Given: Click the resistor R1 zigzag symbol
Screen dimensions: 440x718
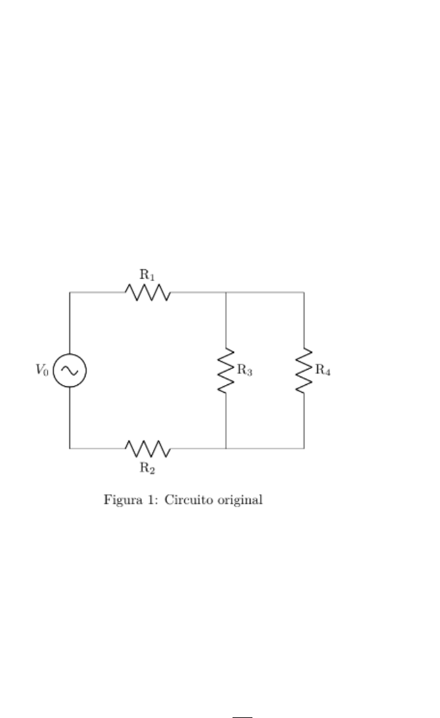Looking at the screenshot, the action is tap(148, 293).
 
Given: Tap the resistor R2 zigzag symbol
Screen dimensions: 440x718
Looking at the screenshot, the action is tap(148, 448).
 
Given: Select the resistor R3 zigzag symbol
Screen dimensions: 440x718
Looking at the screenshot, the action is tap(226, 370).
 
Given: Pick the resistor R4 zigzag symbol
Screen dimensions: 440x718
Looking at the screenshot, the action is tap(304, 370).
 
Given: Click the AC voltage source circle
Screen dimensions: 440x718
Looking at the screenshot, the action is tap(69, 371).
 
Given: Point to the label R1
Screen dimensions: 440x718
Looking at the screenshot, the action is tap(148, 275).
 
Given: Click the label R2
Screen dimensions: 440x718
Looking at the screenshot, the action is tap(148, 467).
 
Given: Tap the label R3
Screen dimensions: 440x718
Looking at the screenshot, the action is tap(245, 371).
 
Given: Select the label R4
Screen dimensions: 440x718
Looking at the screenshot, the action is tap(322, 371).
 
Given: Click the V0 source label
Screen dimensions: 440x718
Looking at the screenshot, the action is tap(42, 371).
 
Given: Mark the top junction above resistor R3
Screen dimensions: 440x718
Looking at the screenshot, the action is tap(226, 292).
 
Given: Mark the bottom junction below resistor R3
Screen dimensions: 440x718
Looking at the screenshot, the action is tap(226, 448).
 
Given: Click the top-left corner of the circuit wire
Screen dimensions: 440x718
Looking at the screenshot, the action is tap(69, 292).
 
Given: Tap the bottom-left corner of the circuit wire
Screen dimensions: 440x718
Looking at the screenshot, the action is tap(69, 448).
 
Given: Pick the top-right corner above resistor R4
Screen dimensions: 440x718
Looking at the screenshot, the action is tap(304, 292).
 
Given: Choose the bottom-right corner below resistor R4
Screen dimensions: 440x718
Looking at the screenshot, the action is tap(304, 448).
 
